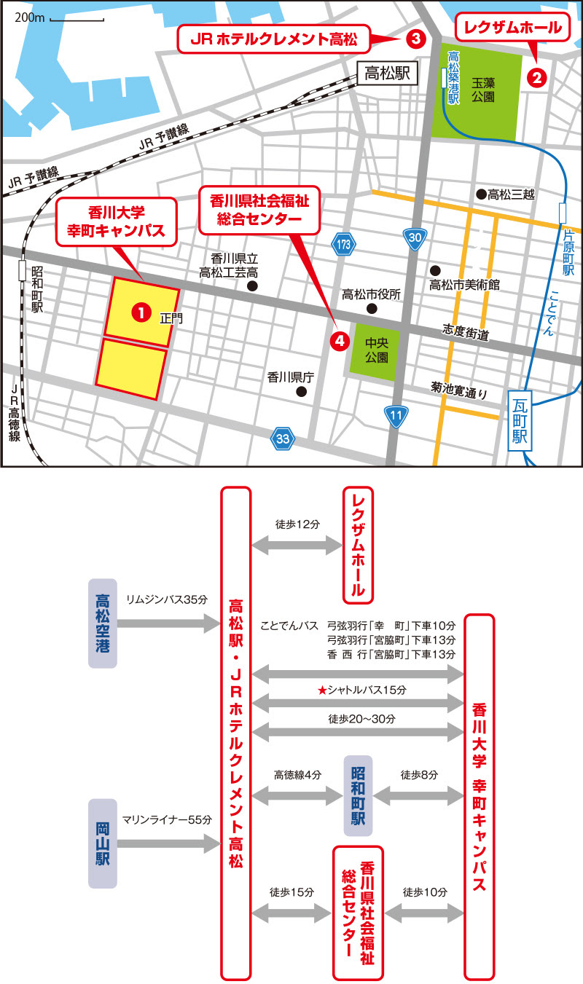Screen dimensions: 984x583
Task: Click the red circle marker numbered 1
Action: pos(138,312)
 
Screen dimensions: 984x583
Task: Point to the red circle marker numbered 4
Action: pos(338,340)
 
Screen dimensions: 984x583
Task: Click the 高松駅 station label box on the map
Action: pos(387,74)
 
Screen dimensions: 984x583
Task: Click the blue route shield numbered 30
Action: pos(415,238)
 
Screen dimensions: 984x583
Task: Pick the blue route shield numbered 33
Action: pos(283,438)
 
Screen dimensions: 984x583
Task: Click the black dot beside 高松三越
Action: pos(481,194)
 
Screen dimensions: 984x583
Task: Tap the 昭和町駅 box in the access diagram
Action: pos(359,795)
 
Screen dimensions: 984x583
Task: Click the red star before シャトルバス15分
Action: pos(321,689)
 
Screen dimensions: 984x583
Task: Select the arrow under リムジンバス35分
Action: pos(168,623)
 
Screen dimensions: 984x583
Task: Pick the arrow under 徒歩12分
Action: pos(297,544)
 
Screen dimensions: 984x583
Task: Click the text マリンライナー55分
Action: pos(167,819)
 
